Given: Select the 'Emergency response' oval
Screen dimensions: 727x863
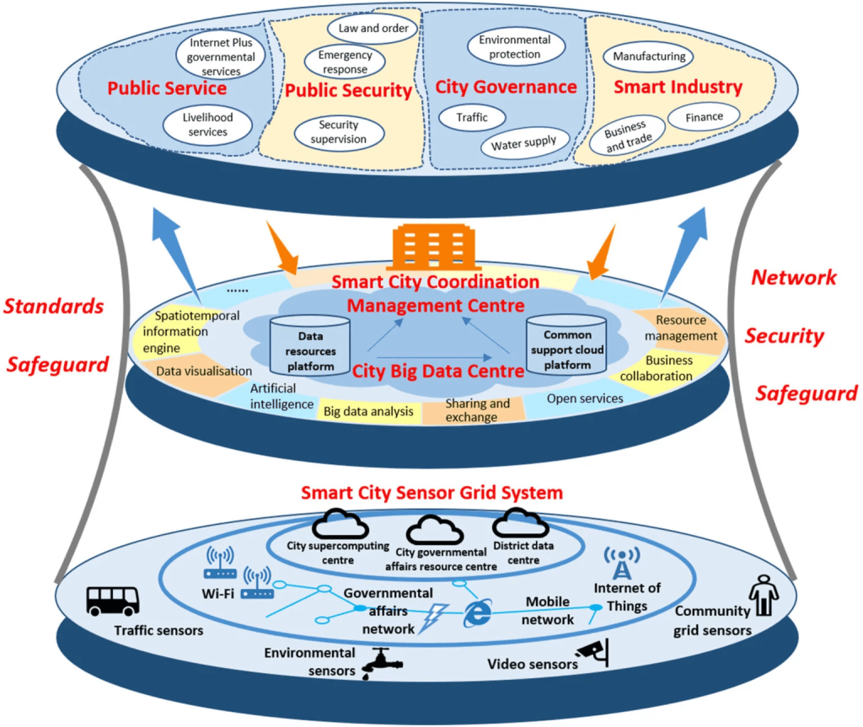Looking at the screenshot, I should coord(344,62).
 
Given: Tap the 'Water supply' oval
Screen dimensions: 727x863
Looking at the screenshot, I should coord(524,143).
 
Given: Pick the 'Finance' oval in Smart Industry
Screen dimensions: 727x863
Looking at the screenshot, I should coord(703,116).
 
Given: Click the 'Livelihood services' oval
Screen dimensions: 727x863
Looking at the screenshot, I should coord(207,125).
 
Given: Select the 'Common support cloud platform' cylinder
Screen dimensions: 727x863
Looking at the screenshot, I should coord(568,345).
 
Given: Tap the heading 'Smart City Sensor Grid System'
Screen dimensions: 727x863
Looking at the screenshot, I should coord(431,492).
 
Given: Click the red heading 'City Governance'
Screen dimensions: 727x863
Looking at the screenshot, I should coord(506,87).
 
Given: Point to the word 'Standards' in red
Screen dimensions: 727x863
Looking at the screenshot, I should coord(54,305).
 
